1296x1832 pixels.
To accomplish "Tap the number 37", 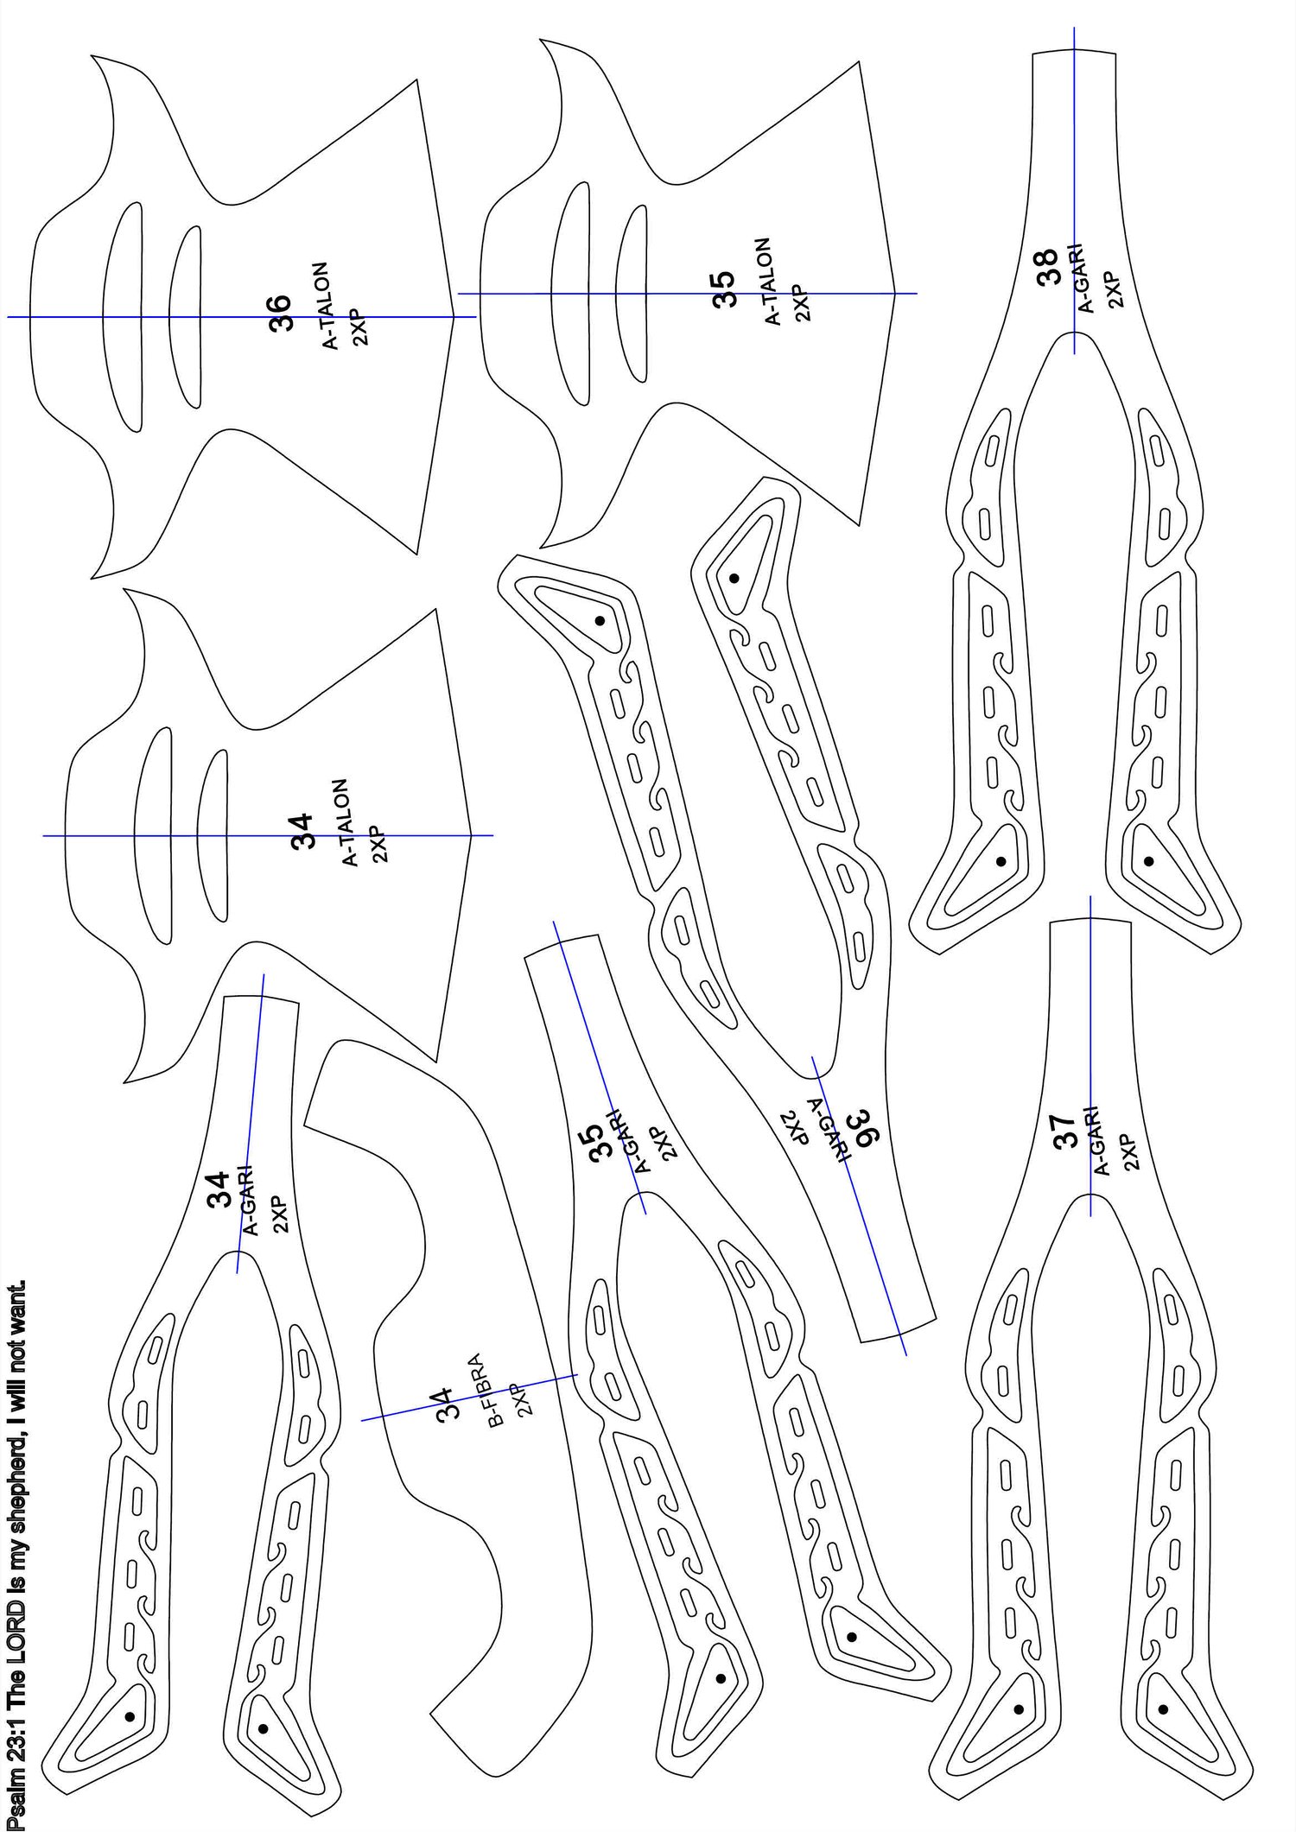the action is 1068,1131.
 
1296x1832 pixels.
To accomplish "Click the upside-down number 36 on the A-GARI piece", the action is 863,1129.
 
